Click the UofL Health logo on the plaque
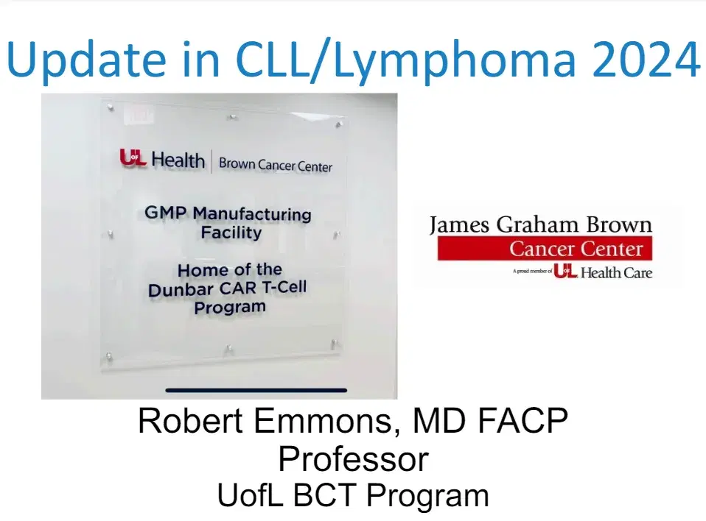point(162,158)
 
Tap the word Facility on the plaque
point(231,233)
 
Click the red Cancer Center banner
point(544,249)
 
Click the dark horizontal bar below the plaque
point(256,390)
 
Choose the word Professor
point(353,459)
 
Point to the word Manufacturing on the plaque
point(252,214)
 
